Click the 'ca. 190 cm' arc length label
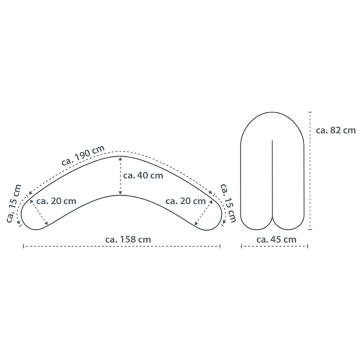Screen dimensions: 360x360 tap(83, 155)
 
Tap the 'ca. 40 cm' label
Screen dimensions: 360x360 tap(143, 176)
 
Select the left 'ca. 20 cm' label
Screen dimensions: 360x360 tap(56, 201)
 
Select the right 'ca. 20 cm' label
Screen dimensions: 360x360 tap(186, 201)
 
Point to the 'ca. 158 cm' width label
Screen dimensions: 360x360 tap(128, 240)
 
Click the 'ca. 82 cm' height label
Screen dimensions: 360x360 tap(336, 130)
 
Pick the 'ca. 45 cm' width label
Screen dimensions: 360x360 tap(276, 240)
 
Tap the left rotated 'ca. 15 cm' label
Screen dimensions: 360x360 tap(14, 204)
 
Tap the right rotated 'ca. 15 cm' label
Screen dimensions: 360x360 tap(228, 203)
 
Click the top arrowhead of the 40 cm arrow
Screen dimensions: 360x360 tap(120, 158)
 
